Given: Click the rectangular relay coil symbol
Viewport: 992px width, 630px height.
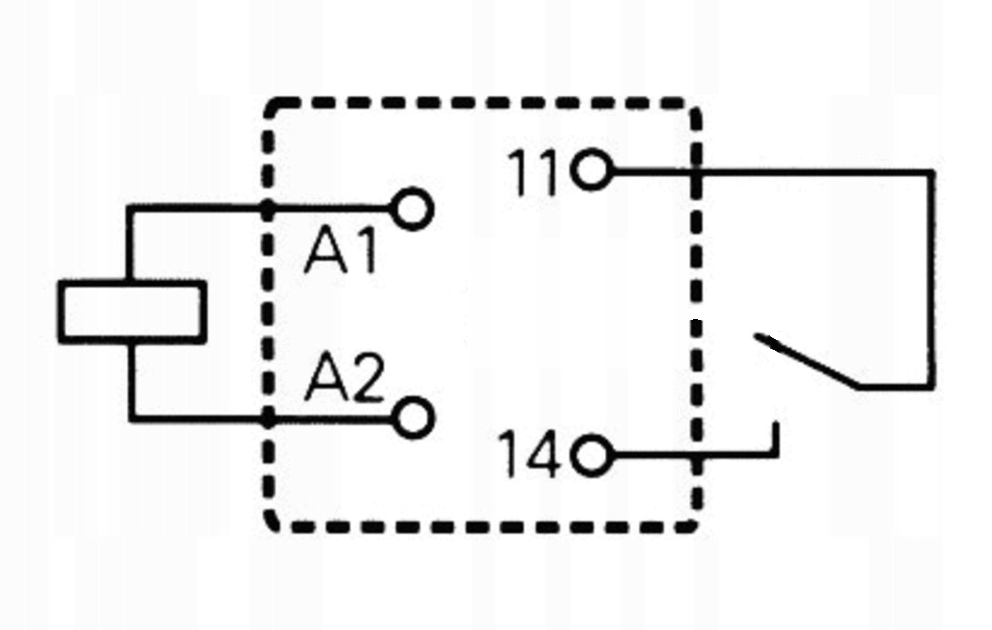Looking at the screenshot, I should click(132, 312).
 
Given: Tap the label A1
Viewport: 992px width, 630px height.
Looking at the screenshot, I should click(342, 252).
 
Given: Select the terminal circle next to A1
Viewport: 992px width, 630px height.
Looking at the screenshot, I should click(413, 209).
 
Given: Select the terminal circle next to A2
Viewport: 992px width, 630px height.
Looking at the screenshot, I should click(413, 417).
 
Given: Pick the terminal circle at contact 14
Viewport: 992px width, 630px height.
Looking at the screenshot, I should click(591, 456).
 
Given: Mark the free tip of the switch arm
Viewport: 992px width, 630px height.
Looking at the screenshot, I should click(758, 338).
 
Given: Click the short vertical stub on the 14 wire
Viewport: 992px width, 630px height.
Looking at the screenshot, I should click(776, 439).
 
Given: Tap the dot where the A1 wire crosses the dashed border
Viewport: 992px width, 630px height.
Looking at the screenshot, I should click(269, 207).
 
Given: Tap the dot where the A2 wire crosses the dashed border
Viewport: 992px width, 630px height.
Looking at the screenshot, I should click(269, 418).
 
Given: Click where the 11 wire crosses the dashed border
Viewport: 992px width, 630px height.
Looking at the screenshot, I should click(696, 170).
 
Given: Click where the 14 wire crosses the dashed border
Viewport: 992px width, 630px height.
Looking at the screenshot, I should click(696, 456).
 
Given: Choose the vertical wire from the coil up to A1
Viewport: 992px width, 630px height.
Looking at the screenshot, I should click(130, 245).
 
